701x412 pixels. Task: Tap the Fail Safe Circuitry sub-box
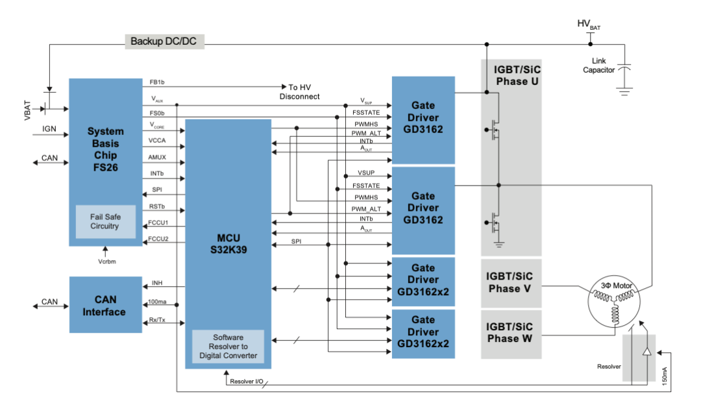point(105,221)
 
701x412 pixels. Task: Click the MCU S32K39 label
point(228,244)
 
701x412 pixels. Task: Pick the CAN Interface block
point(105,305)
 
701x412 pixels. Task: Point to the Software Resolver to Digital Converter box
point(228,346)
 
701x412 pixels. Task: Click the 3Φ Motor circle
point(614,302)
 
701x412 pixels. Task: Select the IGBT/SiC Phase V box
point(512,282)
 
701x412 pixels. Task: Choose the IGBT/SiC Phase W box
point(512,332)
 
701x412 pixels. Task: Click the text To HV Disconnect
point(299,91)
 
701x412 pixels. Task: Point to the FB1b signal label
point(158,82)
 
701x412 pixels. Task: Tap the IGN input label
point(49,129)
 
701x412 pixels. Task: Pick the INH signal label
point(157,283)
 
